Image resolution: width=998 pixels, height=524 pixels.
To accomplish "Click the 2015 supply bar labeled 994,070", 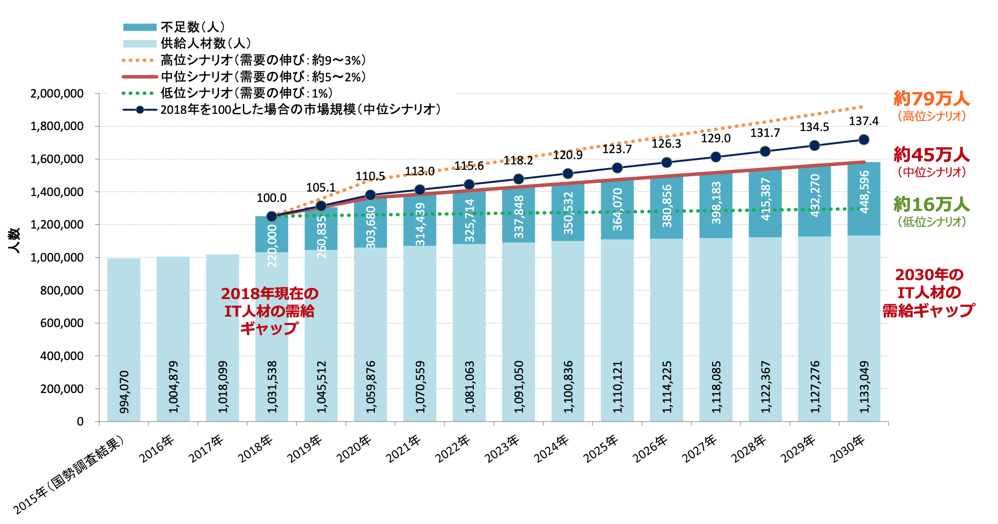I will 124,339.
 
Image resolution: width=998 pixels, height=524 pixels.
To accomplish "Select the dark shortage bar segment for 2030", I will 863,199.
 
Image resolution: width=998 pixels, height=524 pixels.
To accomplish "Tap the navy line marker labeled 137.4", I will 863,140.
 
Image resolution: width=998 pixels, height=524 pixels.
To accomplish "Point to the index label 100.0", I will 271,198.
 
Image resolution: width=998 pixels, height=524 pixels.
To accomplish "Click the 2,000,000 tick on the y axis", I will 57,94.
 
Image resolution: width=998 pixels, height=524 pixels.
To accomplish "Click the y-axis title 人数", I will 14,240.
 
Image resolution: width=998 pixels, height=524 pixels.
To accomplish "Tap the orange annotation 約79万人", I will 931,98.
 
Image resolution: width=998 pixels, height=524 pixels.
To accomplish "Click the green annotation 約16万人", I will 931,205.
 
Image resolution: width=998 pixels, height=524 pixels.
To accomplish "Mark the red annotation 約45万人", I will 931,155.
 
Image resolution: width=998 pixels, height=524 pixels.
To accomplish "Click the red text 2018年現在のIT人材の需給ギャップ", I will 270,311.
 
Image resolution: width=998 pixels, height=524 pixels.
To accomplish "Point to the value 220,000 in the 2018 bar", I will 272,246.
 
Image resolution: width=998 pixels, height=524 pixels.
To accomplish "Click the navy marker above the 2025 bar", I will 617,168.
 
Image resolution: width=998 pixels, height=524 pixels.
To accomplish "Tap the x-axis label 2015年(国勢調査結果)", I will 68,474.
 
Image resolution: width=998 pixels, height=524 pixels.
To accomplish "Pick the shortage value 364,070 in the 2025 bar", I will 617,210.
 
